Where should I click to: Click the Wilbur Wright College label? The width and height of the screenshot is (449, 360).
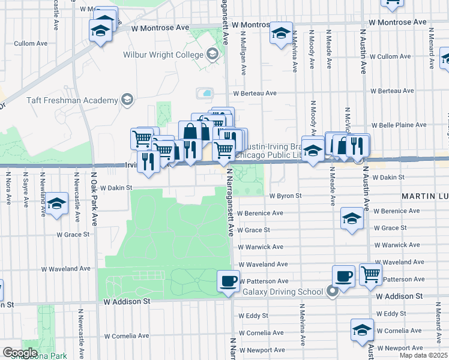[x=164, y=55]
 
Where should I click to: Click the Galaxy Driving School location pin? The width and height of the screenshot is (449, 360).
[x=333, y=292]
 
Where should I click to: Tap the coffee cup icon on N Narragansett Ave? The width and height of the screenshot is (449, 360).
[x=228, y=280]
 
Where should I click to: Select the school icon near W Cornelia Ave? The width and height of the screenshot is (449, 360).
[x=362, y=330]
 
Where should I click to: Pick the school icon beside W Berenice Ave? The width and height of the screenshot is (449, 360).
[x=352, y=218]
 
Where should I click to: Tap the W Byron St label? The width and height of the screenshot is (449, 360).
[x=285, y=196]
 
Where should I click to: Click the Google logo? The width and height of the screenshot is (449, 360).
[x=20, y=353]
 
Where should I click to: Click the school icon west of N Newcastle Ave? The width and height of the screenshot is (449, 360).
[x=57, y=204]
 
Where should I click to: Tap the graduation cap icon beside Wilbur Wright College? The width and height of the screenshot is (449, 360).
[x=212, y=55]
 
